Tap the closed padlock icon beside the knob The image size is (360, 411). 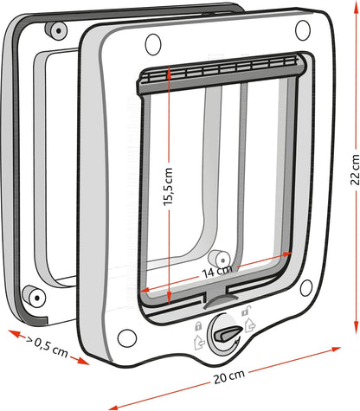tap(199, 326)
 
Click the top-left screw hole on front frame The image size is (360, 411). tap(153, 41)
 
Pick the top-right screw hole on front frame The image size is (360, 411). tap(302, 30)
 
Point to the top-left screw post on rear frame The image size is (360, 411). tap(57, 30)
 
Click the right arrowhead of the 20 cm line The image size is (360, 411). tap(337, 350)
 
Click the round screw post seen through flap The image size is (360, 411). tap(218, 259)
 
